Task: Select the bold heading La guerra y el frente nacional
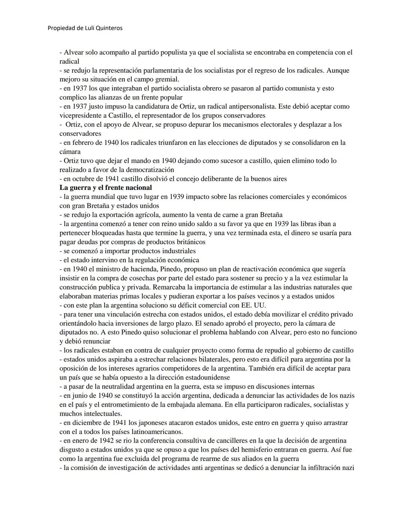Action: (106, 188)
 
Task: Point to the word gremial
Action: (166, 80)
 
